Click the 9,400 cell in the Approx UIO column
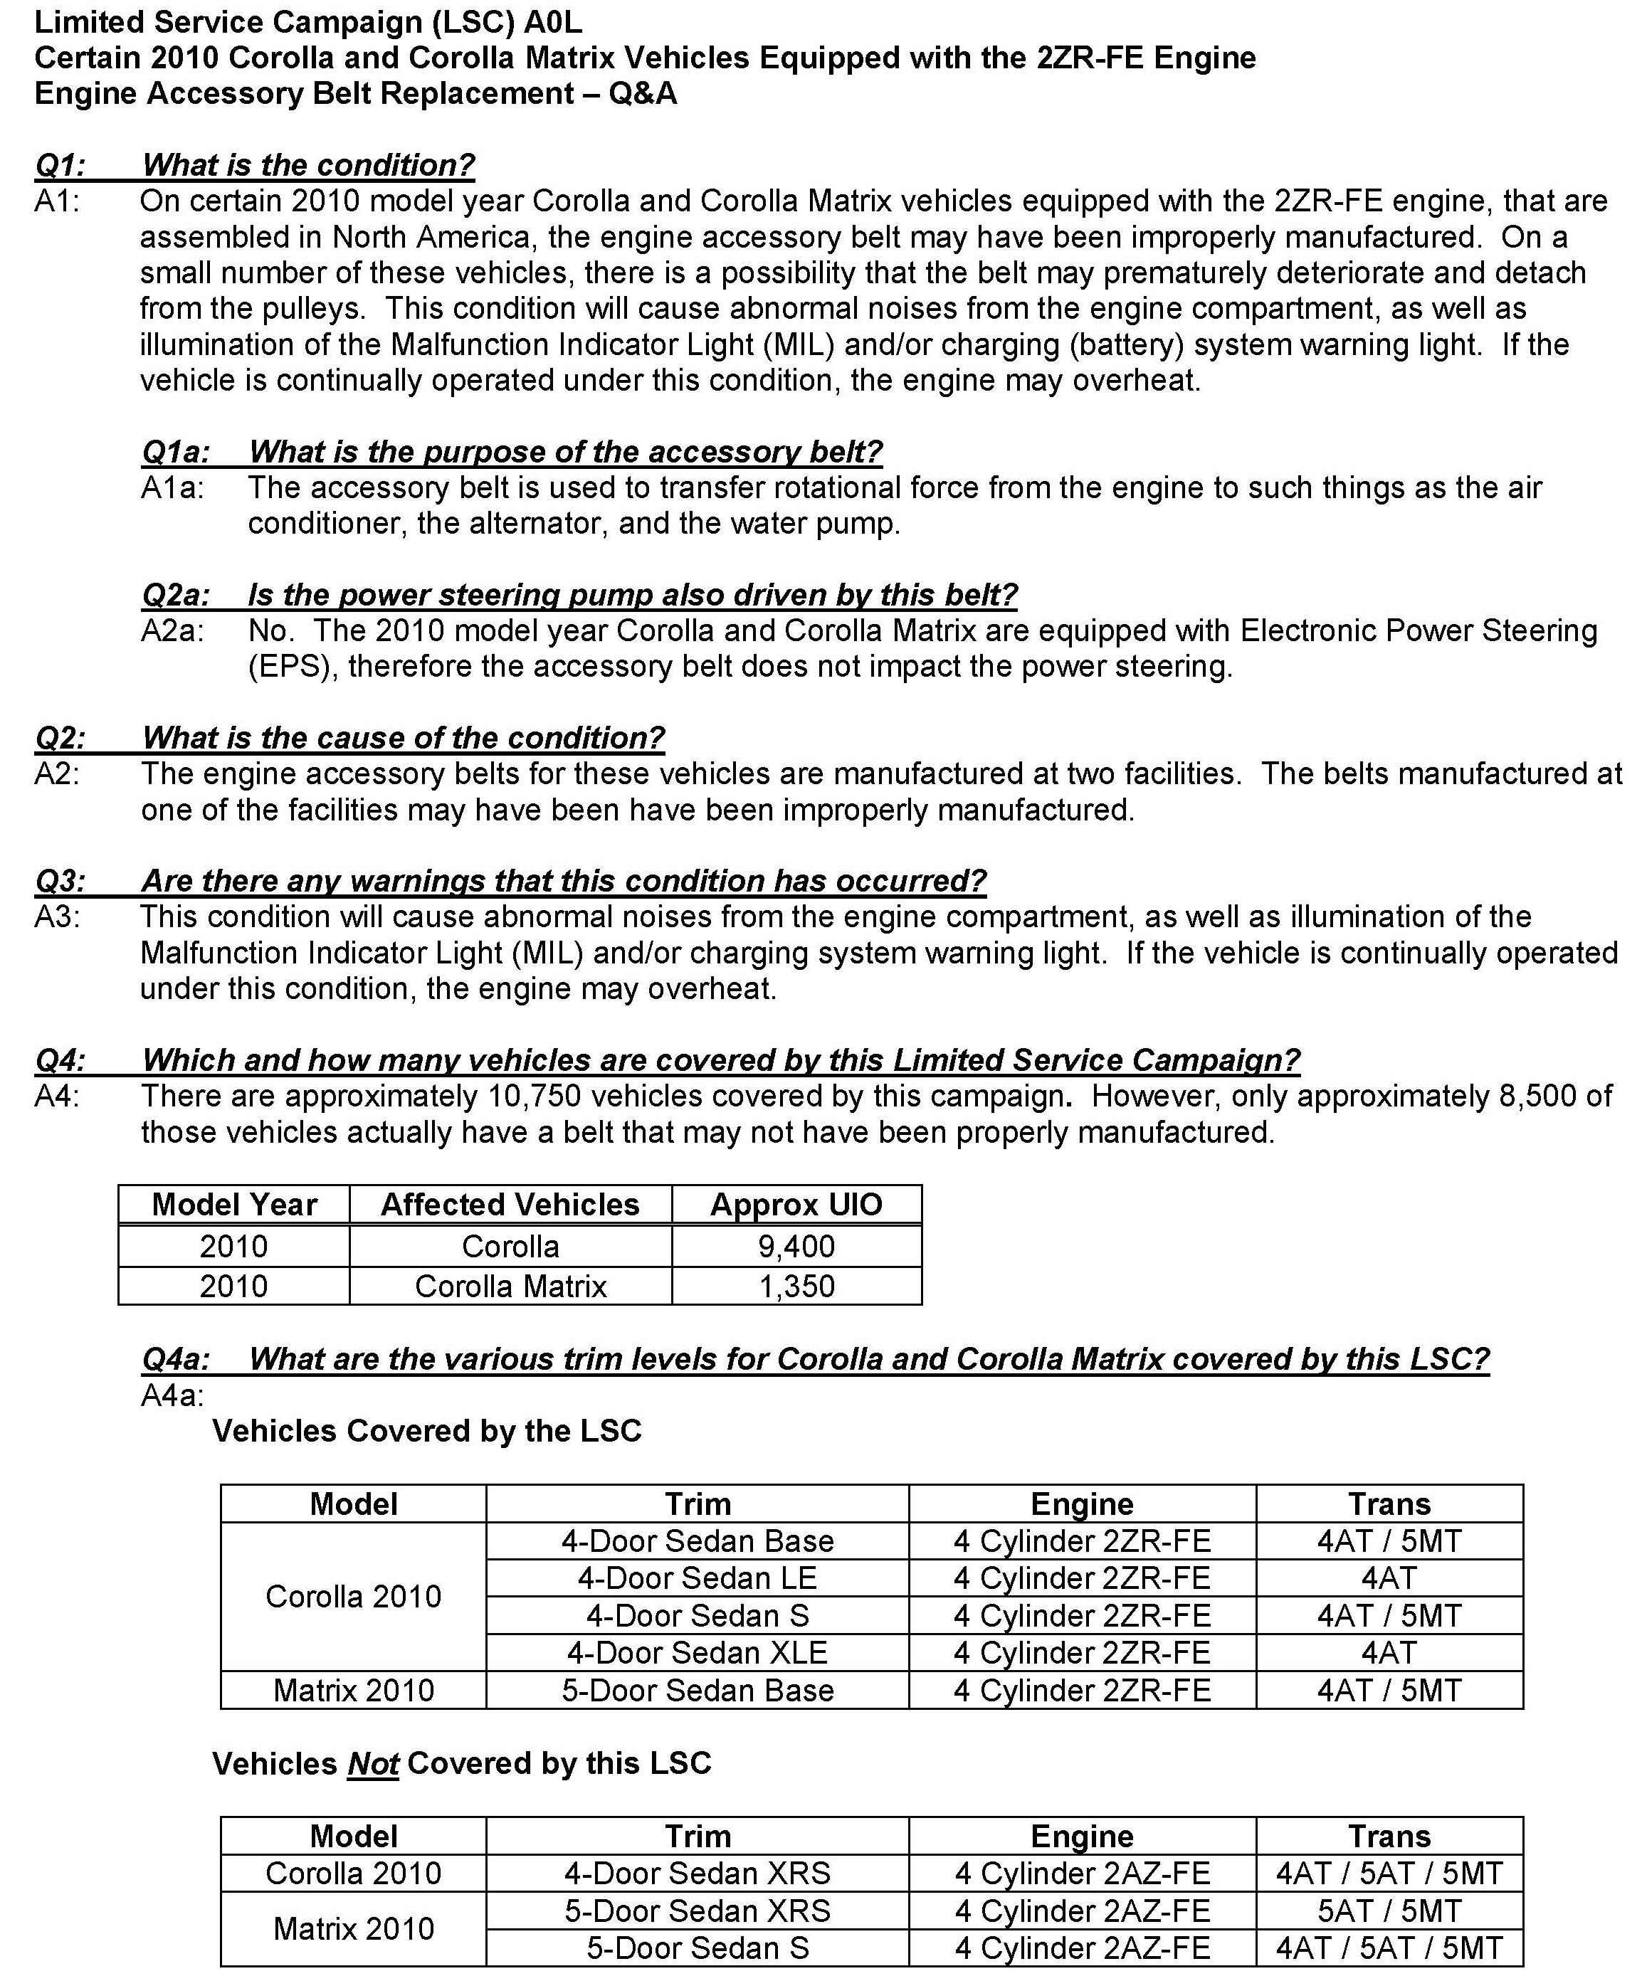pos(796,1246)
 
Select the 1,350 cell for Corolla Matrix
pos(796,1285)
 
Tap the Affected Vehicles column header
pos(510,1205)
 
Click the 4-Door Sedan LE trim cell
pos(698,1578)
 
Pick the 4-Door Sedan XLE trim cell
pos(698,1652)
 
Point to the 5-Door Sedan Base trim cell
pos(698,1690)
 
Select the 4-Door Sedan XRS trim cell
pos(698,1873)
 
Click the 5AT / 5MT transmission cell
pos(1389,1910)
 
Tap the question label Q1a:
pos(175,452)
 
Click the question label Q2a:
pos(175,595)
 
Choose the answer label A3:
pos(58,916)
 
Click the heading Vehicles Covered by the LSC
pos(426,1430)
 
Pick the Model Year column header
pos(234,1205)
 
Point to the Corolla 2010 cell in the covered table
pos(353,1596)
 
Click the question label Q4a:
pos(175,1359)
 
